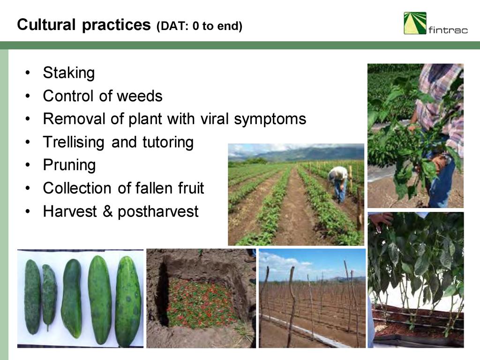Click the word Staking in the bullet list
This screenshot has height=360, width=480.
coord(69,73)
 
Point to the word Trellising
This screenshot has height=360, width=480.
coord(74,142)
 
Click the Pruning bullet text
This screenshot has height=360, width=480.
coord(69,165)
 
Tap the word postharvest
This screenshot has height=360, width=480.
coord(158,211)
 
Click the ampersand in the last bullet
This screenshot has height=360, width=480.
coord(107,211)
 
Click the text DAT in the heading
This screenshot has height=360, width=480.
coord(173,26)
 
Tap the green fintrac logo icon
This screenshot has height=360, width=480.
coord(415,23)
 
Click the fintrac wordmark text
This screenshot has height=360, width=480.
coord(448,30)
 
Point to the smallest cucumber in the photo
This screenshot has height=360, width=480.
coord(49,296)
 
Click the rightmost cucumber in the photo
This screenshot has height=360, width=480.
coord(128,301)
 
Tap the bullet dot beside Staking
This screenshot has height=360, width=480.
coord(28,73)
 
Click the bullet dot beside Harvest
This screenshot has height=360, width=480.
coord(28,211)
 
